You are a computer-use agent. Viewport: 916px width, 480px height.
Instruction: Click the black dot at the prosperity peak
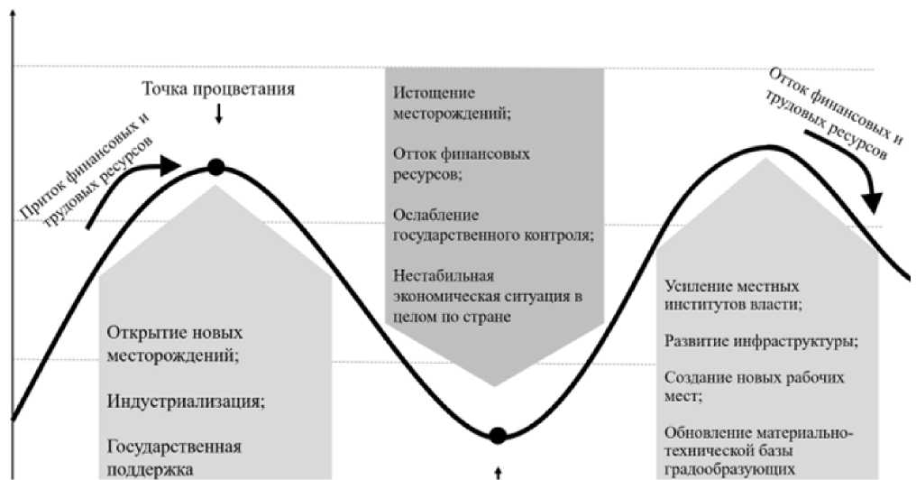pos(215,166)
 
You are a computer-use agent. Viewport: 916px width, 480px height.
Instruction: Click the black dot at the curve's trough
pos(497,436)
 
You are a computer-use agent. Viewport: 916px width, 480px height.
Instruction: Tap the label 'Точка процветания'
pos(218,89)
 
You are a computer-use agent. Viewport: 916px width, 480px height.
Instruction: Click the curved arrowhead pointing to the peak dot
pos(171,164)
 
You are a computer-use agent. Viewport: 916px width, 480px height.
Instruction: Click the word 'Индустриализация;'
pos(186,400)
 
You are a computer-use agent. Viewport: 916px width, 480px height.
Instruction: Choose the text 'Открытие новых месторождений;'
pos(175,343)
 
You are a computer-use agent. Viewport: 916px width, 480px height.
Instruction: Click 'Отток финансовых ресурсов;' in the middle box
pos(461,164)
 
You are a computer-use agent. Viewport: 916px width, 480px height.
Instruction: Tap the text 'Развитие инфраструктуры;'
pos(761,342)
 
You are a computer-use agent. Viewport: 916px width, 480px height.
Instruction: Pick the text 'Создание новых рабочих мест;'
pos(754,386)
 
